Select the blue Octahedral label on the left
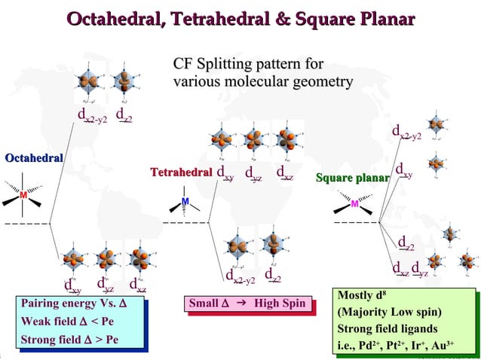tap(34, 157)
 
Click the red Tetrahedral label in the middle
tap(181, 173)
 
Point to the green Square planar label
tap(352, 178)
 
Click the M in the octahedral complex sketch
tap(24, 196)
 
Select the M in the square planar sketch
tap(355, 203)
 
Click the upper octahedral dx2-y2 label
tap(93, 115)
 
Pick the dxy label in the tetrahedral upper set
tap(225, 173)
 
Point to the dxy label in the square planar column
tap(404, 169)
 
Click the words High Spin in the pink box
tap(279, 304)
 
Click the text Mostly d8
tap(365, 294)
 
